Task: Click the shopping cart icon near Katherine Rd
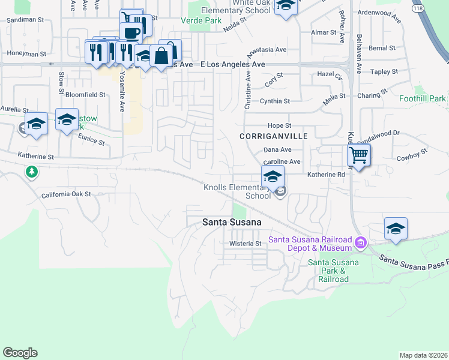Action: tap(358, 155)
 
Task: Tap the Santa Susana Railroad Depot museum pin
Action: tap(361, 242)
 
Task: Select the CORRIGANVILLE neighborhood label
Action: tap(273, 136)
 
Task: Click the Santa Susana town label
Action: tap(232, 222)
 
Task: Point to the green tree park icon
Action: tap(31, 172)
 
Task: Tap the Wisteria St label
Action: tap(246, 244)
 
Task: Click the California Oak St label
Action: tap(66, 194)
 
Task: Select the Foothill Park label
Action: tap(423, 98)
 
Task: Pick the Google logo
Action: tap(20, 353)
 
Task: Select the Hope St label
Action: tap(279, 125)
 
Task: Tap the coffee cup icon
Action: tap(131, 32)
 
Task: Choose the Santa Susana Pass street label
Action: tap(414, 262)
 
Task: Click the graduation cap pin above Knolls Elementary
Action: tap(273, 177)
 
